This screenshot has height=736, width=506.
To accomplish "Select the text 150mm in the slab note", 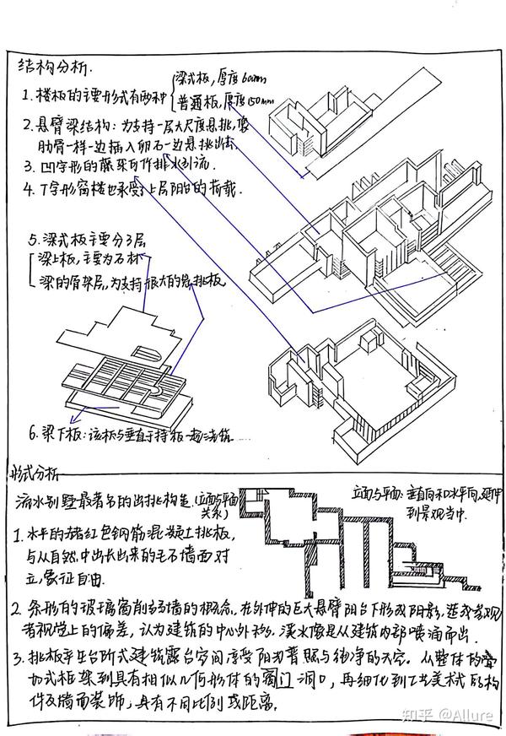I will pos(258,101).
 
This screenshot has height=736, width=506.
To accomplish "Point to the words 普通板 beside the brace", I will pos(196,102).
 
